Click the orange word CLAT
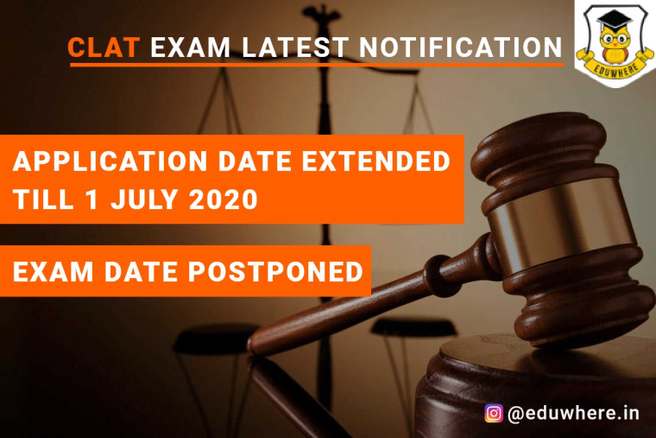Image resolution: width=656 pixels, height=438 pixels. point(104,47)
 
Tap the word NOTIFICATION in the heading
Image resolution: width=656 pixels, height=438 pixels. point(461,47)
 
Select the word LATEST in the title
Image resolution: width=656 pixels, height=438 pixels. point(295,47)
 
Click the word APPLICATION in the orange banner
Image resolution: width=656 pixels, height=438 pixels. point(110,162)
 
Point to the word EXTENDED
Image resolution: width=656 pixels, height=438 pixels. point(375,162)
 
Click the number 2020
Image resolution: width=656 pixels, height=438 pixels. point(223,200)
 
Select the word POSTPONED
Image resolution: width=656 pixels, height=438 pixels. point(275,272)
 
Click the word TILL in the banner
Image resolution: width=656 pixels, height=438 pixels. point(43,200)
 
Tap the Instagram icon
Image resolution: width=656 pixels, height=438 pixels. point(494,413)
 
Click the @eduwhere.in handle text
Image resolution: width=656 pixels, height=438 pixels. point(573,414)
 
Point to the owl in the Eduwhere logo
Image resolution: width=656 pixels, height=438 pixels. point(615,41)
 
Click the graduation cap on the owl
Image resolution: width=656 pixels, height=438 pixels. point(615,20)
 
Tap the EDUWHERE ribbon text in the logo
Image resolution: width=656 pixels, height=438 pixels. point(615,69)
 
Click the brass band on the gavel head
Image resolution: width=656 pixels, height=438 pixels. point(561,222)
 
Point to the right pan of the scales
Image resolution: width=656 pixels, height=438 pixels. point(413,327)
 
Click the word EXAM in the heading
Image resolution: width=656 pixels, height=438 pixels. point(191,47)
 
